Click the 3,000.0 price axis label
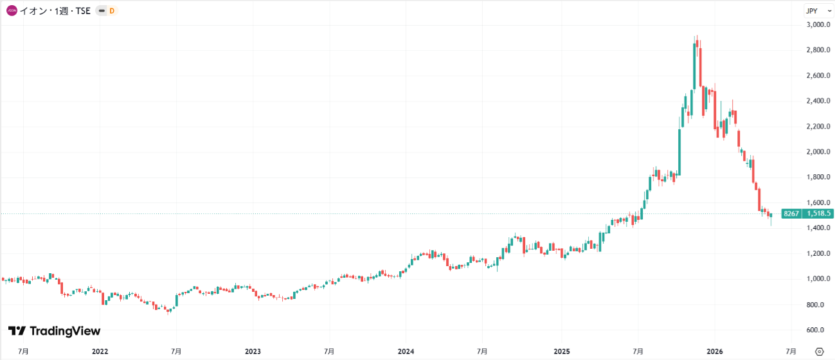[x=818, y=24]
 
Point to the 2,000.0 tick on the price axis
[x=818, y=152]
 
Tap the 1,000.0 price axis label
[x=818, y=279]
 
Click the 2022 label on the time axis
[x=100, y=352]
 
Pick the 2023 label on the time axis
[x=253, y=352]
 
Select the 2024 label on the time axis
[x=406, y=352]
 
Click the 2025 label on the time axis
[x=562, y=352]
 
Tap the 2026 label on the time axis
[x=715, y=352]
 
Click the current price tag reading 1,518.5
[x=818, y=213]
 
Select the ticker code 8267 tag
[x=791, y=213]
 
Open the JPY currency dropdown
[x=818, y=11]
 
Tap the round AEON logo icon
[x=12, y=11]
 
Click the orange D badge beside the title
[x=112, y=11]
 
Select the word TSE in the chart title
[x=83, y=11]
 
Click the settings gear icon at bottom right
[x=820, y=352]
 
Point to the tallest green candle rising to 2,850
[x=695, y=66]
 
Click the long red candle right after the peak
[x=701, y=67]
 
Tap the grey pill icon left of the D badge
[x=102, y=11]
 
